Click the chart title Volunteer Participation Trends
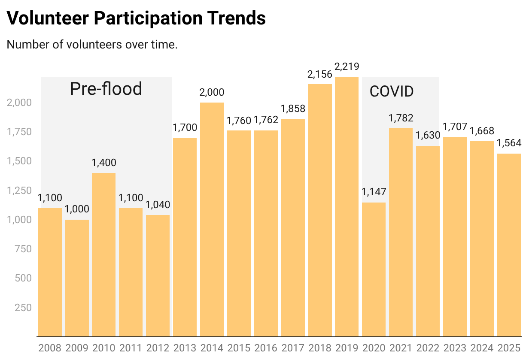(x=136, y=18)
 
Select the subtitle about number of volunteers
(x=92, y=45)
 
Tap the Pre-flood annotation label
(x=106, y=89)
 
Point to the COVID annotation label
(x=392, y=91)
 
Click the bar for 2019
(x=347, y=206)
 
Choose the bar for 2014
(x=212, y=219)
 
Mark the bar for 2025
(x=509, y=245)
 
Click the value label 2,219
(x=347, y=67)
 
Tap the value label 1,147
(x=374, y=192)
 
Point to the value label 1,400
(x=104, y=163)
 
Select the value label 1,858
(x=293, y=109)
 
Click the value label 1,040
(x=158, y=205)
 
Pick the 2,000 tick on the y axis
(x=19, y=103)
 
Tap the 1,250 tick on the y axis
(x=19, y=191)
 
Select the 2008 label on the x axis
(x=50, y=347)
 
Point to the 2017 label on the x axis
(x=293, y=347)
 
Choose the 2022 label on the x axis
(x=428, y=347)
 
